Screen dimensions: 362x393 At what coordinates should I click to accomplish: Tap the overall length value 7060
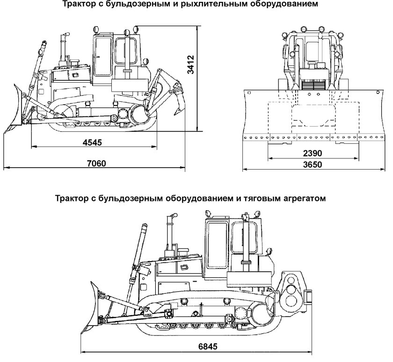point(96,163)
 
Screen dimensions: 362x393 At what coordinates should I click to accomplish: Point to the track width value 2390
point(312,153)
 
